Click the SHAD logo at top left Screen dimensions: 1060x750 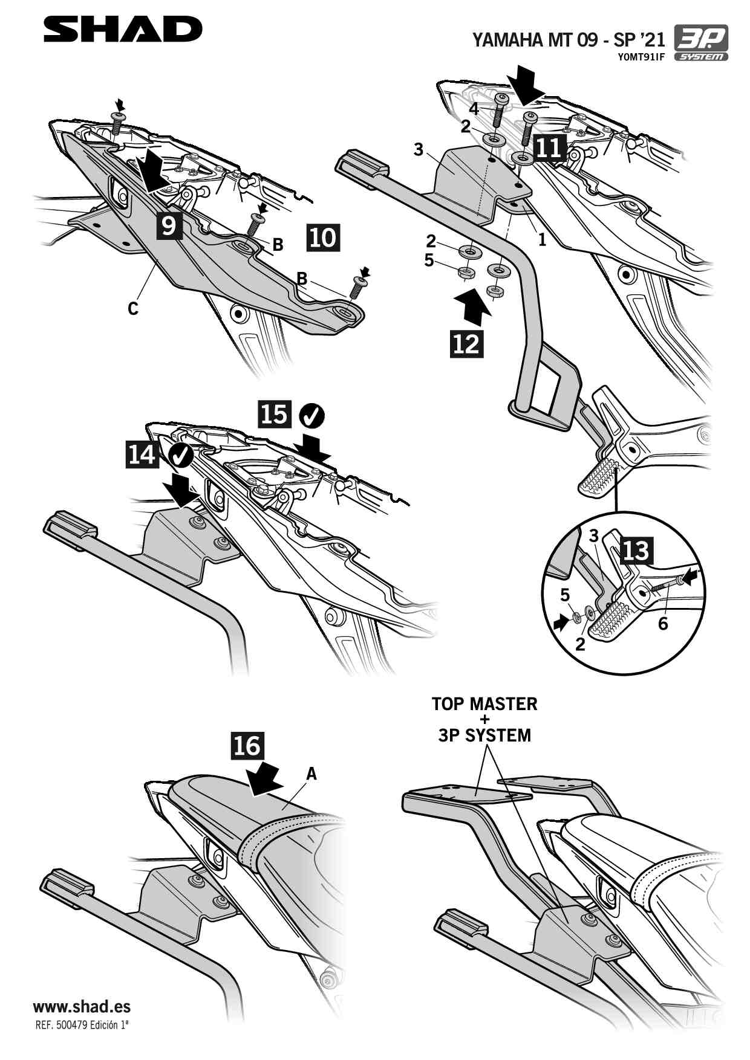[123, 29]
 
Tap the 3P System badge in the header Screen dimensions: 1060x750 [701, 43]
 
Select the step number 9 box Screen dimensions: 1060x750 [169, 225]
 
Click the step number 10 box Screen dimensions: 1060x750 [323, 238]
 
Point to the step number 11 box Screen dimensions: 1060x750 [550, 147]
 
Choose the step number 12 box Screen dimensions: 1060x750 [466, 343]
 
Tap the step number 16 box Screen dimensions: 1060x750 [247, 746]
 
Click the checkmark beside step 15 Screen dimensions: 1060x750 [312, 415]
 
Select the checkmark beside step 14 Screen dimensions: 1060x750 [180, 454]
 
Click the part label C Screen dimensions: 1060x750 [133, 309]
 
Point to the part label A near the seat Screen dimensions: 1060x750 [311, 774]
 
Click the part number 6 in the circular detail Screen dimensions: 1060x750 [663, 624]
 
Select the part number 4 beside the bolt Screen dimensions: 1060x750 [474, 109]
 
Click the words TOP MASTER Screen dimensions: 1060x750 [484, 704]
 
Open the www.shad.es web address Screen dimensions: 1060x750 [82, 1006]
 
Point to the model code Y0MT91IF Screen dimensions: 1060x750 [641, 57]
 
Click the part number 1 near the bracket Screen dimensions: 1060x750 [542, 240]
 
